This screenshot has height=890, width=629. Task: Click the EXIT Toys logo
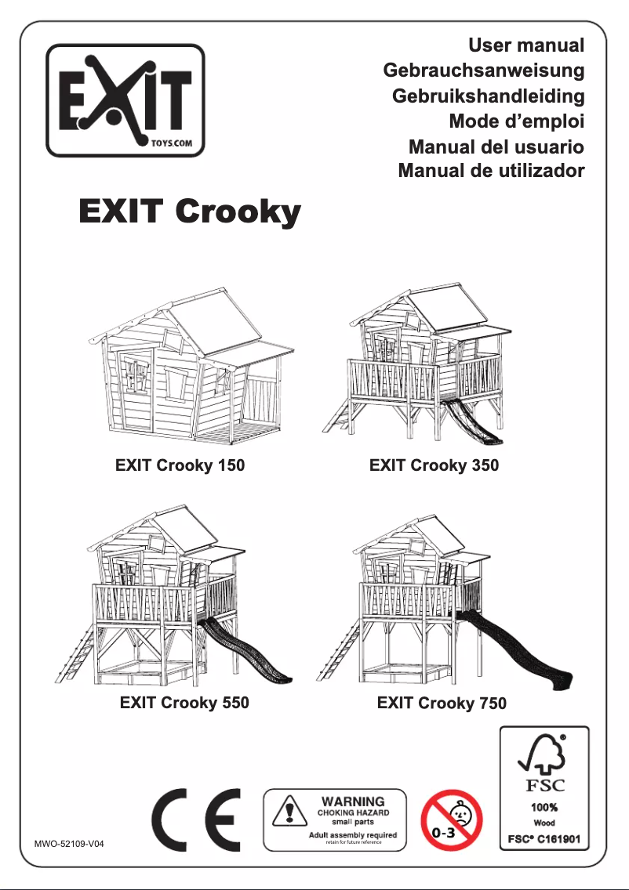coord(125,100)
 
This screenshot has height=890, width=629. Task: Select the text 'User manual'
coord(526,45)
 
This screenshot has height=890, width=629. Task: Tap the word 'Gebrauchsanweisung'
coord(483,71)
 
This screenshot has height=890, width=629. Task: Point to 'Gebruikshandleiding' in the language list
coord(488,96)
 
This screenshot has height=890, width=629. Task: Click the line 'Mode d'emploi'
coord(516,121)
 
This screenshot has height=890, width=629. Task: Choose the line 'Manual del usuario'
coord(496,147)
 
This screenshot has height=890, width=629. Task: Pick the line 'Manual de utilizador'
coord(491,170)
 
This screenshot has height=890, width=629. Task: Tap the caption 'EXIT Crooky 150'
coord(180,465)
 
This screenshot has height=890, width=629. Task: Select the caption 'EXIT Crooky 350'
coord(434,465)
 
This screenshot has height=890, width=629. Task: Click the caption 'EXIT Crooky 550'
coord(184,703)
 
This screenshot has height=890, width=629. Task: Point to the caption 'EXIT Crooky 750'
coord(442,703)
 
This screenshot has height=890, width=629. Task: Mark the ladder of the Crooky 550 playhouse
coord(77,654)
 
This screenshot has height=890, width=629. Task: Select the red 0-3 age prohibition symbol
coord(452,819)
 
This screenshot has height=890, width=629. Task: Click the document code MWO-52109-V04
coord(69,845)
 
